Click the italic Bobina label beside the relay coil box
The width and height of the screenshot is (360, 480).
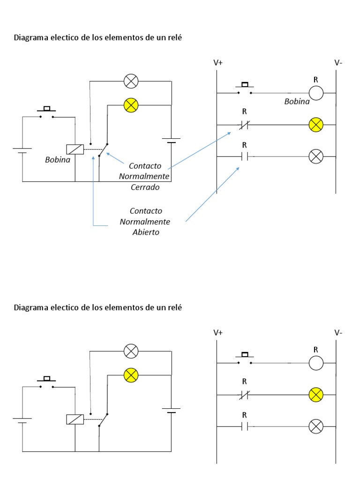click(x=58, y=160)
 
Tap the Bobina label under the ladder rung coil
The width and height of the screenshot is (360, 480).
click(x=297, y=101)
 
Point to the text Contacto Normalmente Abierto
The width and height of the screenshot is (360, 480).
click(x=145, y=221)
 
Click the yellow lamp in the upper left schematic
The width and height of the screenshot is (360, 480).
click(x=131, y=105)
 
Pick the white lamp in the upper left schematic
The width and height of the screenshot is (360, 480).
click(x=131, y=82)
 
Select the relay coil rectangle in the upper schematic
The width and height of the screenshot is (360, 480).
click(x=75, y=149)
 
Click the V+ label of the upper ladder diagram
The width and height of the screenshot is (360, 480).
click(x=218, y=62)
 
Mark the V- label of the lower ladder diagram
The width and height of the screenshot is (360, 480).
click(x=338, y=333)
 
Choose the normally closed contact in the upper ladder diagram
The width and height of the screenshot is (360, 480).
click(x=244, y=125)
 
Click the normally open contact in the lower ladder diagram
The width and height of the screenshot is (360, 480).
click(x=244, y=427)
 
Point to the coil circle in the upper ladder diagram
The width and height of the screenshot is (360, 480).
click(x=316, y=93)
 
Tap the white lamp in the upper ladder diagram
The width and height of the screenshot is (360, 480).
click(x=316, y=157)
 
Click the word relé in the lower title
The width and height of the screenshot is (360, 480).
click(x=174, y=307)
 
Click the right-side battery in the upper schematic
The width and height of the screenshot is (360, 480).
click(x=172, y=140)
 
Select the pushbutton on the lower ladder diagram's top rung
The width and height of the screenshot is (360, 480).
click(x=244, y=359)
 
